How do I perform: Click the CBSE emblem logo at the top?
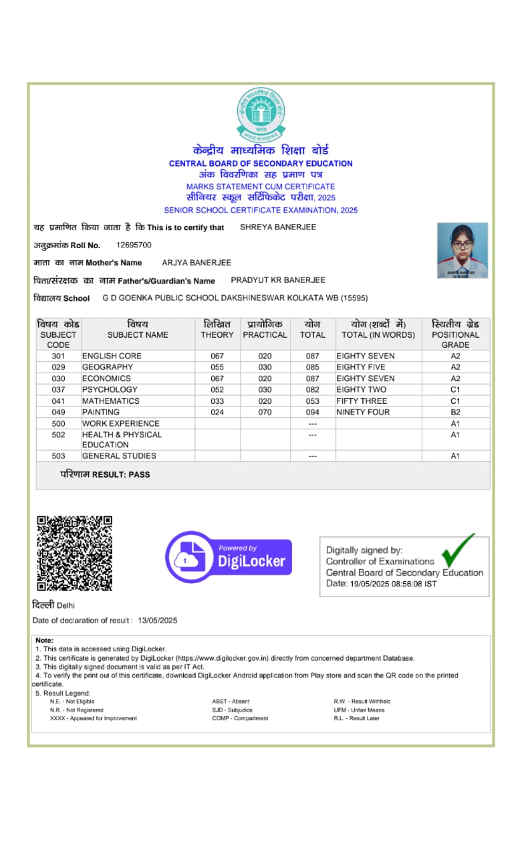point(261,115)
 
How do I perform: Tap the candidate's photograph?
point(463,251)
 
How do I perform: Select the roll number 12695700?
point(134,245)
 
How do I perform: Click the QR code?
point(74,553)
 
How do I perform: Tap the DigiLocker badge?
point(229,557)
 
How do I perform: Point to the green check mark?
point(459,548)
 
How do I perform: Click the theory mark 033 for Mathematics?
point(217,401)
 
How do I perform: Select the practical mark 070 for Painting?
point(265,412)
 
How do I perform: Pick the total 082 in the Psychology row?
point(312,389)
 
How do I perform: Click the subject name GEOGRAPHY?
point(108,367)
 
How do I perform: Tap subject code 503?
point(58,456)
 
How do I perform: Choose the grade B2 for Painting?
point(455,412)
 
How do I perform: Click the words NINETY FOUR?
point(363,412)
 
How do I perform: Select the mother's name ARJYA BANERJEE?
point(197,263)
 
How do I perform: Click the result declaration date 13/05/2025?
point(158,621)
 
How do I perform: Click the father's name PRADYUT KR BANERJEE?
point(278,280)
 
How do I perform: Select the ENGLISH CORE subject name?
point(112,356)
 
